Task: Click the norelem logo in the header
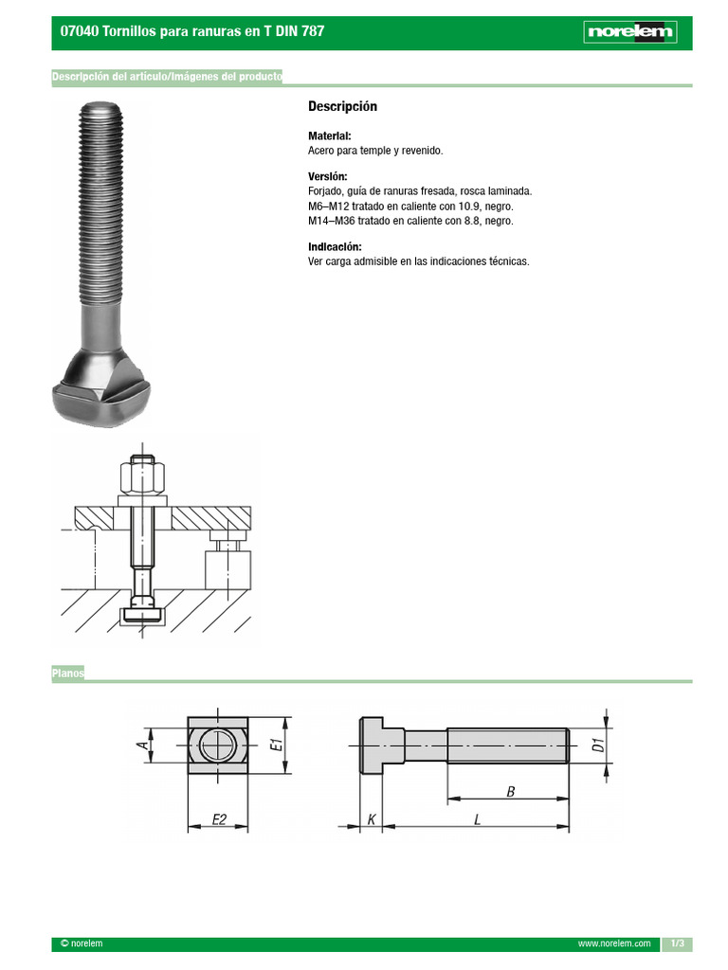pyautogui.click(x=629, y=32)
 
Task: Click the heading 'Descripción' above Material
pyautogui.click(x=342, y=107)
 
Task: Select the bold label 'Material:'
pyautogui.click(x=329, y=136)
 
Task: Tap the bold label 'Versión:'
pyautogui.click(x=327, y=177)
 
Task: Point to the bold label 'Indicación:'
pyautogui.click(x=335, y=247)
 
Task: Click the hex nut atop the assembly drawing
pyautogui.click(x=143, y=473)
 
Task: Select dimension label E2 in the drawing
pyautogui.click(x=218, y=819)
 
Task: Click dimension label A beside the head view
pyautogui.click(x=143, y=745)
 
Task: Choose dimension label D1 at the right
pyautogui.click(x=598, y=745)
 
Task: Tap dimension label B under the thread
pyautogui.click(x=510, y=792)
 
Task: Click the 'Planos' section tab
pyautogui.click(x=68, y=674)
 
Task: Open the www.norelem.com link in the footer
pyautogui.click(x=613, y=944)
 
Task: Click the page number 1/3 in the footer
pyautogui.click(x=677, y=944)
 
